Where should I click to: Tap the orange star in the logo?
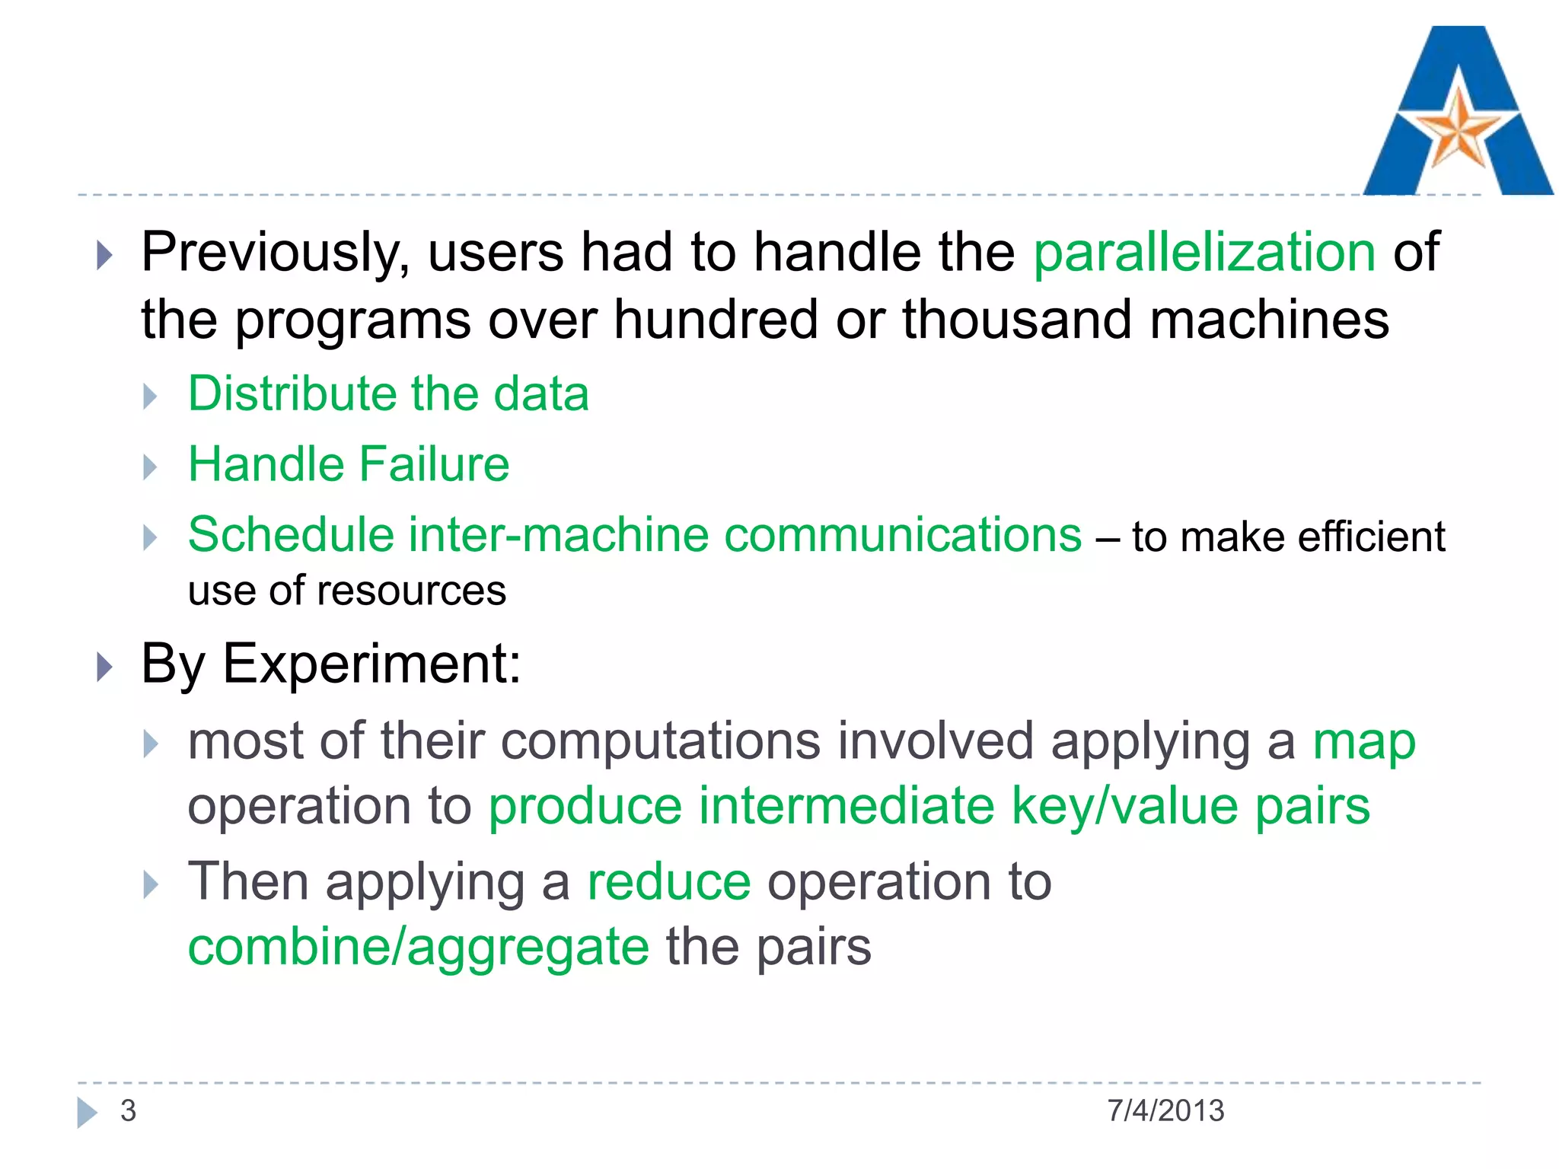coord(1458,129)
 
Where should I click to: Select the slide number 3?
coord(128,1110)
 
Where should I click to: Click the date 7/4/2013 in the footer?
coord(1165,1110)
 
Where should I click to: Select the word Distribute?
coord(292,393)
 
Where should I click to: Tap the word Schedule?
coord(291,534)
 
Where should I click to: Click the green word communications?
coord(903,534)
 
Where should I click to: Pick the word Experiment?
coord(370,664)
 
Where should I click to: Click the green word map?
coord(1364,741)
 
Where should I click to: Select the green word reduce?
coord(669,882)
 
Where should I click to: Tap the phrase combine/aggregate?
coord(419,948)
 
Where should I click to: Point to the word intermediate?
coord(846,806)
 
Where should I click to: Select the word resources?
coord(411,591)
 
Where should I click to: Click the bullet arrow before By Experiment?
coord(105,667)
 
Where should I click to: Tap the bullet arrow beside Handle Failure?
coord(150,467)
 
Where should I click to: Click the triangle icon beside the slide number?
coord(87,1112)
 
